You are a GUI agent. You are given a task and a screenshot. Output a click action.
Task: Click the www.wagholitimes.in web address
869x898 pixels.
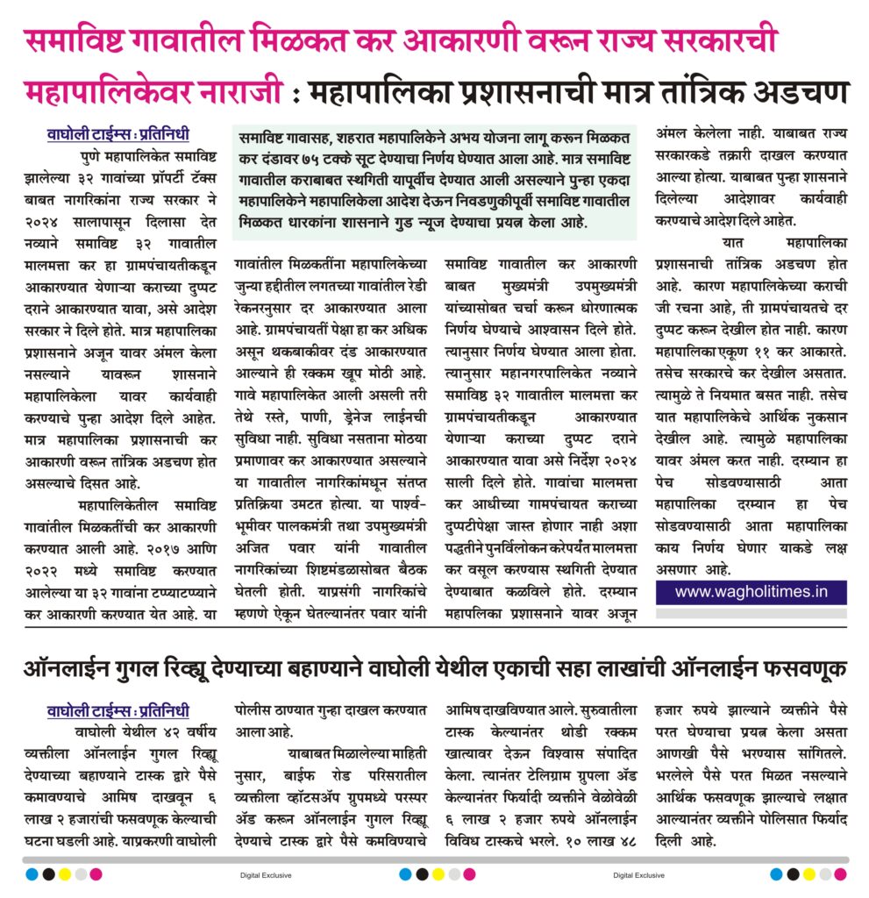[x=751, y=591]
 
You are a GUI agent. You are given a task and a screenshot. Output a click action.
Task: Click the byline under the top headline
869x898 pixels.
[x=118, y=136]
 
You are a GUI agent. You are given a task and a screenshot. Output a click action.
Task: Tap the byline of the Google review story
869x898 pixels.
[x=118, y=711]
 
